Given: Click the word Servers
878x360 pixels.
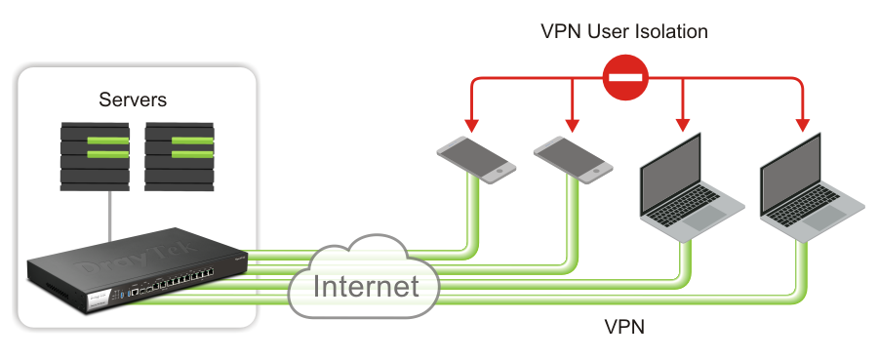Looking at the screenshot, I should tap(133, 100).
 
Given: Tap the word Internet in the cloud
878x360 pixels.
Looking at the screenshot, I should tap(366, 287).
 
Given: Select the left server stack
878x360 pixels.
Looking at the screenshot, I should tap(95, 155).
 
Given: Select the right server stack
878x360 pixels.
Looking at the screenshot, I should tap(180, 155).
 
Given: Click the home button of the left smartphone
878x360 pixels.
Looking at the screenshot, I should tap(500, 172).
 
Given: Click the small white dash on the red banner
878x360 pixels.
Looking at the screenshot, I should tap(623, 73).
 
